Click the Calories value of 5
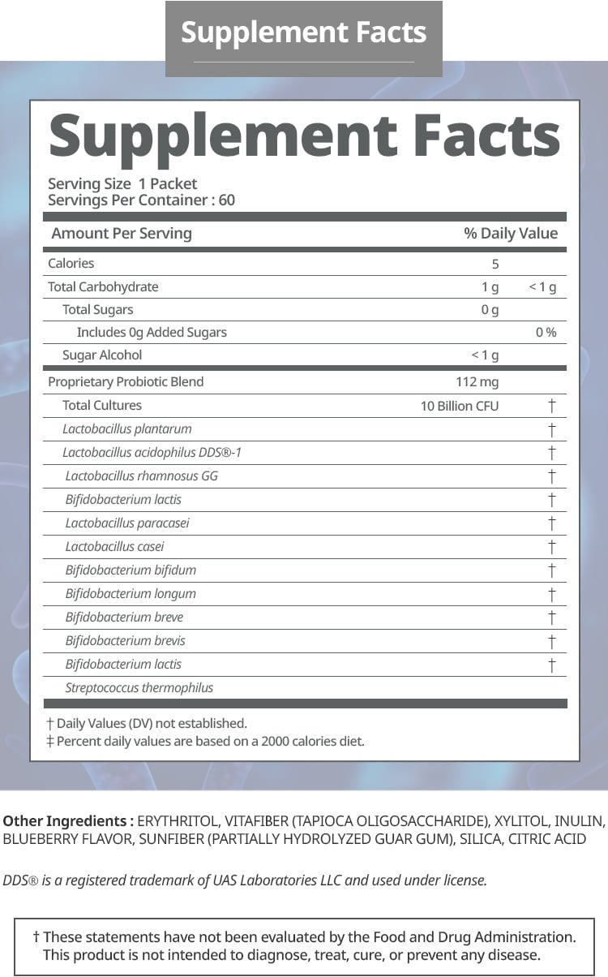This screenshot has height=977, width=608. pos(495,264)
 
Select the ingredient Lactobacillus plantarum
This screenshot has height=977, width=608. pos(127,429)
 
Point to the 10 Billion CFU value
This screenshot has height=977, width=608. pos(460,406)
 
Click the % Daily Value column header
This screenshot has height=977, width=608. pos(511,234)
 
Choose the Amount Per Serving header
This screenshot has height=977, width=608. pos(122,234)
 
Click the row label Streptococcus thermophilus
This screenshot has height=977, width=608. pos(139,688)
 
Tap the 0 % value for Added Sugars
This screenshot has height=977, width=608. pos(546,333)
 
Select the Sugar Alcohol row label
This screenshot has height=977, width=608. pos(102,355)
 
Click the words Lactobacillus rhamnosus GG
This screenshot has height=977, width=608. pos(142,476)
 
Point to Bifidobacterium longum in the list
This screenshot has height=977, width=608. pos(131,594)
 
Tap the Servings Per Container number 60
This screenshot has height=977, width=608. pos(226,200)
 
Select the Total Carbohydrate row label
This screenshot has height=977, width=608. pos(103,287)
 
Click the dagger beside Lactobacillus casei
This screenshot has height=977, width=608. pos(551,547)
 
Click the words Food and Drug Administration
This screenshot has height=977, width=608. pos(473,936)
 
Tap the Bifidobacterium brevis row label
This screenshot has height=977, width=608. pos(126,641)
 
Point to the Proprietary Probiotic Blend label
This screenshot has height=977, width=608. pos(126,382)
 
